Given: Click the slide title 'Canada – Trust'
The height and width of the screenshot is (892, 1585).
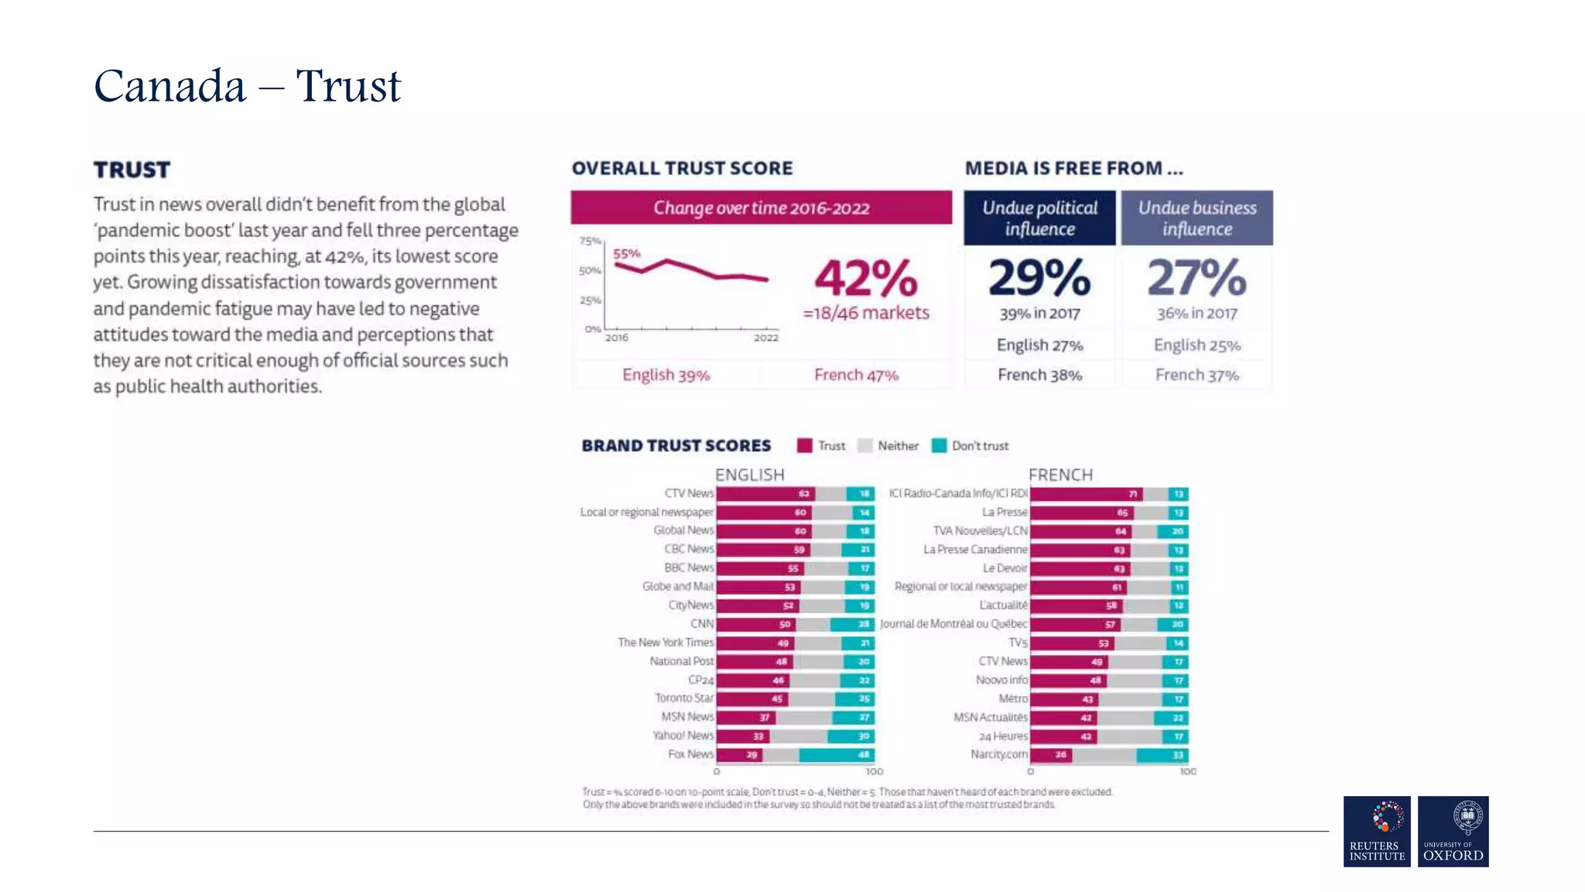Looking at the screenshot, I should point(247,85).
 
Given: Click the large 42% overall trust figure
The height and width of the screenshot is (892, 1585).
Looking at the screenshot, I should point(865,278).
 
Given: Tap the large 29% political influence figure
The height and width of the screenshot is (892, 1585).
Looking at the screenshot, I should point(1039,277).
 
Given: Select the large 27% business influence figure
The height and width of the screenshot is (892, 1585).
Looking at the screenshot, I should point(1196,277).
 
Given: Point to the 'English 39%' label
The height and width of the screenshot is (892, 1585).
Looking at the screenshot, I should point(666,376).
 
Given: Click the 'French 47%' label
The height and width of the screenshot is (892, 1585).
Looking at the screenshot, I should point(856,376).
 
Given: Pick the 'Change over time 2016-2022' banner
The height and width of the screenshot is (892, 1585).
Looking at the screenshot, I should point(761,208).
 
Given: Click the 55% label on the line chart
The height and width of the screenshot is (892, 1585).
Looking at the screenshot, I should point(626,253).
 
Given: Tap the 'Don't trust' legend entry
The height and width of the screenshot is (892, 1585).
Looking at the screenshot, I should point(971,446).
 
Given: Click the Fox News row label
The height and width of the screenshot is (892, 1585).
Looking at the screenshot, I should point(690,754).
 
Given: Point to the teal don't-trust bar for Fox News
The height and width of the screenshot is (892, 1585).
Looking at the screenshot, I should point(836,755).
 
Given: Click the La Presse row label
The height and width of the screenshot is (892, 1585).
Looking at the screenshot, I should point(1005,513).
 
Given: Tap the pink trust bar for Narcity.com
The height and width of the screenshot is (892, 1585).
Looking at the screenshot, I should point(1050,755).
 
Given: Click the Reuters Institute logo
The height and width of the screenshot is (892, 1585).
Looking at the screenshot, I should point(1376,831).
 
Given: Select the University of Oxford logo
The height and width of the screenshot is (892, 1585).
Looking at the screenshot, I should point(1453,831).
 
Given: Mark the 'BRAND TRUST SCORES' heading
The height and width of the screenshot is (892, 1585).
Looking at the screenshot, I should point(676,446).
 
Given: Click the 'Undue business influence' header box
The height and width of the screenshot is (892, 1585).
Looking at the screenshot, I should point(1196,218).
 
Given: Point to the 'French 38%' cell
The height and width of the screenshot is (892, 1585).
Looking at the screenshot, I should point(1039,376).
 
